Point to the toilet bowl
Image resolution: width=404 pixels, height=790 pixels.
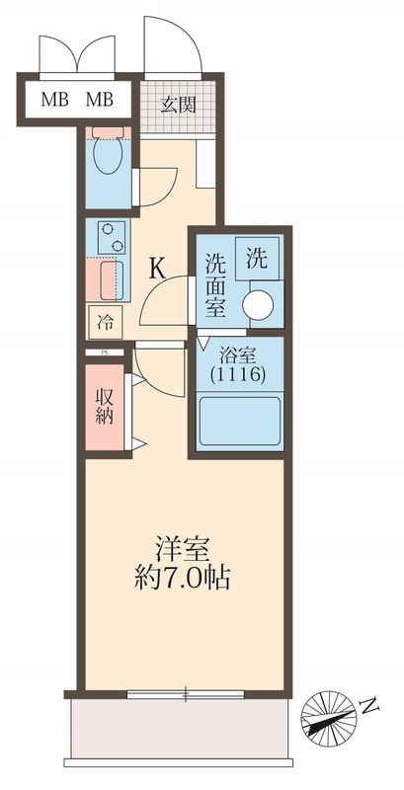(x=104, y=157)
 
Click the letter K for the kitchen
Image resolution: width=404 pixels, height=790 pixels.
(x=157, y=267)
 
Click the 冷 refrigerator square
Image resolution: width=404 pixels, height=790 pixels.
(x=105, y=320)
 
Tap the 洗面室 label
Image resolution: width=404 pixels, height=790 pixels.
(x=214, y=284)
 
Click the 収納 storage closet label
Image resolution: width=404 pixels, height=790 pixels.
(x=103, y=406)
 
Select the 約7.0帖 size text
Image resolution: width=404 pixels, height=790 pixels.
(x=182, y=579)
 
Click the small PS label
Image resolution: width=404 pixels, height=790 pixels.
(x=100, y=352)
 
